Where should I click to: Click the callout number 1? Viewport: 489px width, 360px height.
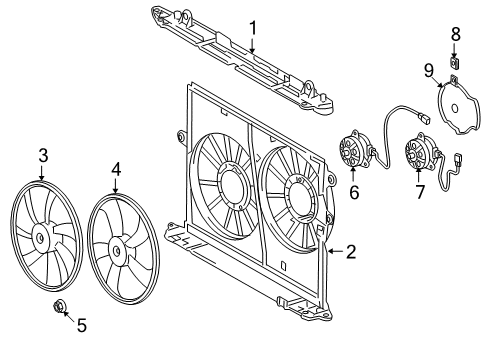(x=253, y=29)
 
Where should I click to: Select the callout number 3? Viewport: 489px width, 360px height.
(x=42, y=155)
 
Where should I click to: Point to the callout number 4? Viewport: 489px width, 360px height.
(x=116, y=170)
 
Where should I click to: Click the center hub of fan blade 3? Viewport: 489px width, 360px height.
(x=41, y=237)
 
